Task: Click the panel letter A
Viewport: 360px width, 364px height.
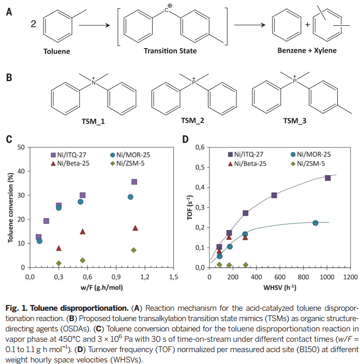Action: pyautogui.click(x=9, y=10)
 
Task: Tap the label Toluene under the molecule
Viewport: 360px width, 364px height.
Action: pyautogui.click(x=56, y=51)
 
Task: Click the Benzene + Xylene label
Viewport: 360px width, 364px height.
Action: pyautogui.click(x=307, y=51)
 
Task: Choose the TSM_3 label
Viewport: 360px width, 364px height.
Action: pyautogui.click(x=294, y=121)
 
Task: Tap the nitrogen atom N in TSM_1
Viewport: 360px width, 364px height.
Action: pyautogui.click(x=94, y=82)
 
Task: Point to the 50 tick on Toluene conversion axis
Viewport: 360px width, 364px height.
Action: pyautogui.click(x=21, y=147)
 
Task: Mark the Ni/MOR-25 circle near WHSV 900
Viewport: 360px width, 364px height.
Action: pyautogui.click(x=315, y=223)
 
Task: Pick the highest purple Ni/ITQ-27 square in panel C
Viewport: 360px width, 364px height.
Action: pyautogui.click(x=134, y=182)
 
